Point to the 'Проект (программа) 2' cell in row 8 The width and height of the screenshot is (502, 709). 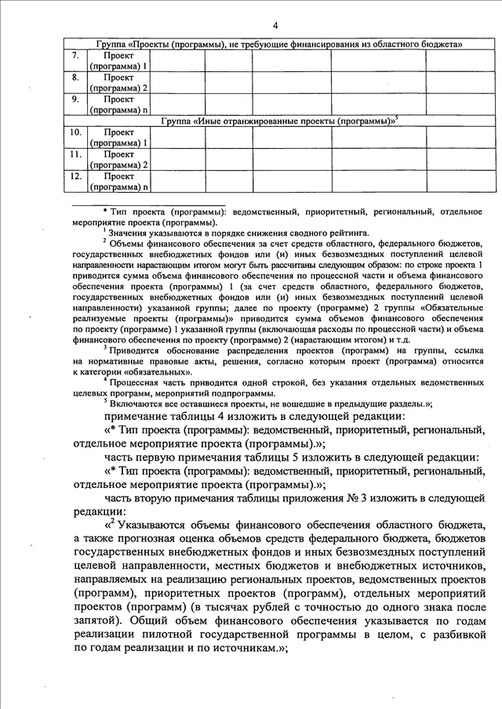point(118,83)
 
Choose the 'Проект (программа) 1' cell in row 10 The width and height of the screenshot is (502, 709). point(118,138)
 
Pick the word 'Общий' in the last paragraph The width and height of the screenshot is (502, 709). point(151,619)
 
